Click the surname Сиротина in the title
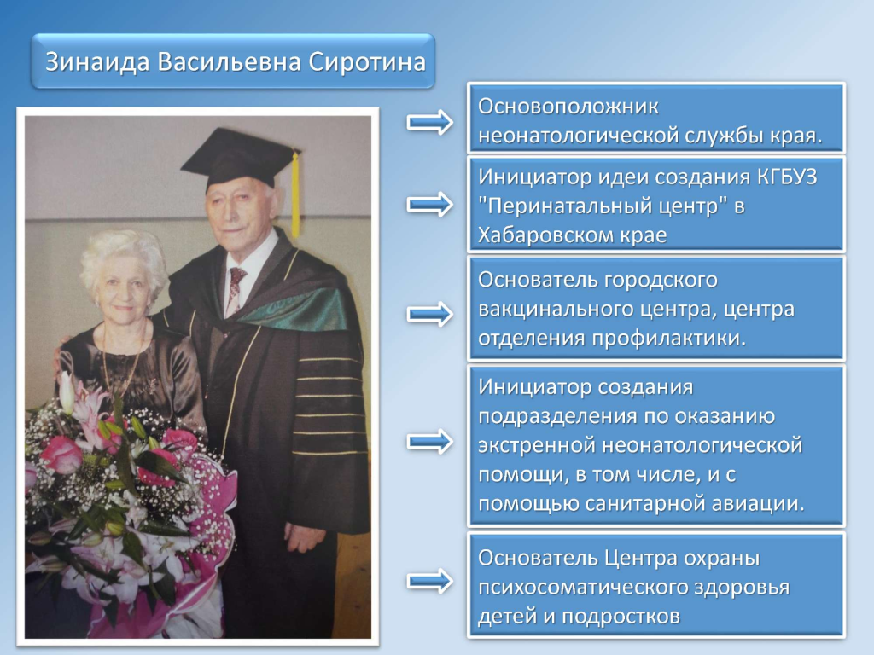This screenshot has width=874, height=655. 367,62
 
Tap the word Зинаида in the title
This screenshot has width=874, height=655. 97,62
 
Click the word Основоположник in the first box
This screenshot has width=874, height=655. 568,106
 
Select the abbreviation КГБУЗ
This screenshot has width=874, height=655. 787,177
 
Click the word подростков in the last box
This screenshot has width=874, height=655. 621,617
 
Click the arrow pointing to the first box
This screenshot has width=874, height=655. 430,122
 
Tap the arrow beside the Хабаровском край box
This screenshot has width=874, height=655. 430,205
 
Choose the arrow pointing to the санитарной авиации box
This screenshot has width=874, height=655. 430,442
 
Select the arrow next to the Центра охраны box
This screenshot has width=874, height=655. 430,582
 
